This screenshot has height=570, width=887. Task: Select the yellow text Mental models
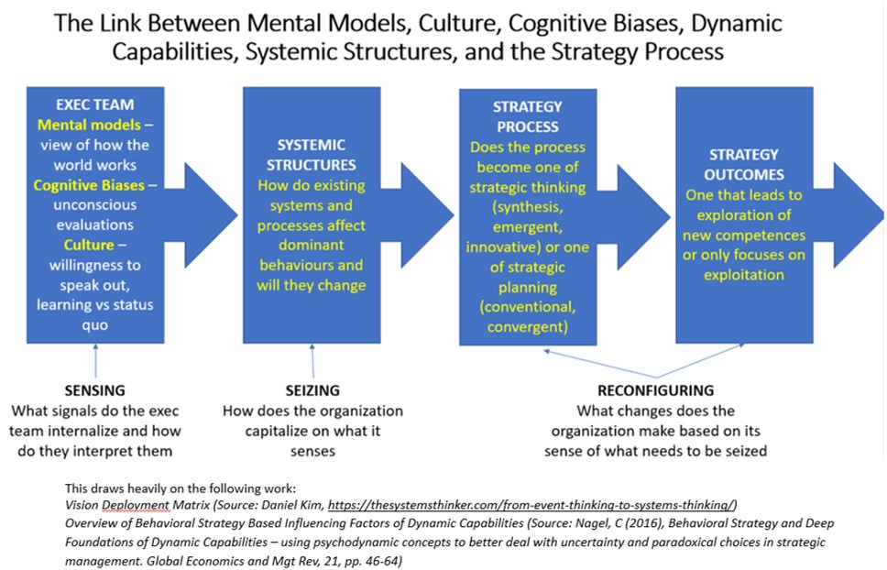click(81, 125)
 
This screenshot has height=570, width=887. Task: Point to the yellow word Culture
click(88, 246)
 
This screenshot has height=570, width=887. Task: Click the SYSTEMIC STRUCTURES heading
click(311, 156)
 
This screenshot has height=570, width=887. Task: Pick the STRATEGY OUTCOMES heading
click(743, 165)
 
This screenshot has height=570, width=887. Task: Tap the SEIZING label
click(312, 390)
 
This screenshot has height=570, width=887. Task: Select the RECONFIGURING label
click(655, 390)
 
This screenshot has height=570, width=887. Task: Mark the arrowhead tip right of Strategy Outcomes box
click(881, 215)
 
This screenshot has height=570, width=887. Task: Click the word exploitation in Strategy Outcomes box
click(743, 275)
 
